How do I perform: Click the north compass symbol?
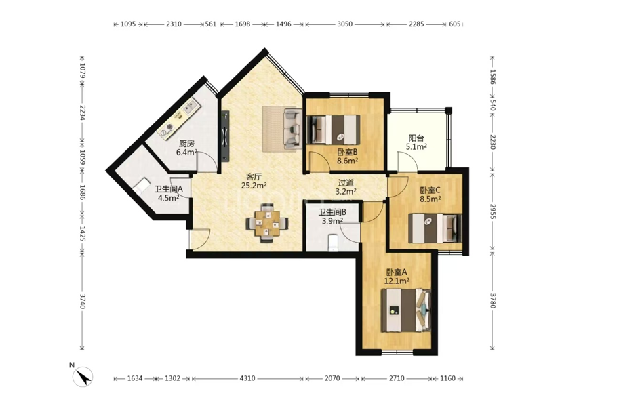pyautogui.click(x=83, y=376)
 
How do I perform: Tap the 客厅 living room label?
pyautogui.click(x=254, y=176)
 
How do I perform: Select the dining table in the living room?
pyautogui.click(x=267, y=222)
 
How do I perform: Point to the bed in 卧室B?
pyautogui.click(x=334, y=129)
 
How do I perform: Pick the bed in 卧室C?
pyautogui.click(x=435, y=228)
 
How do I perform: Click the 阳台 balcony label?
pyautogui.click(x=416, y=138)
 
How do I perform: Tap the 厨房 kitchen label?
pyautogui.click(x=186, y=144)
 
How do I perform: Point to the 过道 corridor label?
pyautogui.click(x=346, y=183)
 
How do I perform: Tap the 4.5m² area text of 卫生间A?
pyautogui.click(x=168, y=198)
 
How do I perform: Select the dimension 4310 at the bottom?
pyautogui.click(x=247, y=378)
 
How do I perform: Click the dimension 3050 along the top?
pyautogui.click(x=344, y=24)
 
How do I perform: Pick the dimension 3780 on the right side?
pyautogui.click(x=492, y=300)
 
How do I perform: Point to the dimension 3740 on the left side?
pyautogui.click(x=83, y=301)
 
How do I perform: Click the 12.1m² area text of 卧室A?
pyautogui.click(x=397, y=281)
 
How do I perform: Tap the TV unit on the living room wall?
pyautogui.click(x=225, y=136)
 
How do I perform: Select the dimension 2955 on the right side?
pyautogui.click(x=492, y=211)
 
